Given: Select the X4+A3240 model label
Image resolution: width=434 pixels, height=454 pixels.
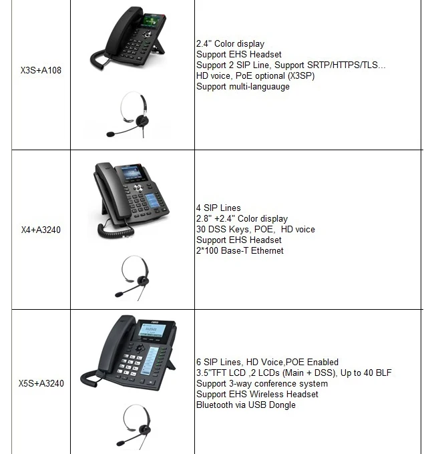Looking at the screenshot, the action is click(x=41, y=230).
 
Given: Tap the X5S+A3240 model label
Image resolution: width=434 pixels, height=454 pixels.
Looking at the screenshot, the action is click(x=41, y=383).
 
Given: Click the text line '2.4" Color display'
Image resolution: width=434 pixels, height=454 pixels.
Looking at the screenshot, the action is click(x=230, y=44).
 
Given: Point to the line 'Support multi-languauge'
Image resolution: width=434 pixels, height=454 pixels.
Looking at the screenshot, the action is click(x=243, y=87).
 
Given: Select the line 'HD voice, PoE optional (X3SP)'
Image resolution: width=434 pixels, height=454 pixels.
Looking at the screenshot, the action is click(x=256, y=76).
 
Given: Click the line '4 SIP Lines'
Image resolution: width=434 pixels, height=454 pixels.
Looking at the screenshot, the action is click(x=218, y=208).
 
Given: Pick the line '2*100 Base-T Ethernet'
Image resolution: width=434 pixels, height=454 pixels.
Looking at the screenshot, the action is click(x=240, y=251).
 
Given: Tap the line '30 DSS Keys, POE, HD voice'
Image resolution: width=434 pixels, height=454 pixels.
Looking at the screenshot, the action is click(x=256, y=230).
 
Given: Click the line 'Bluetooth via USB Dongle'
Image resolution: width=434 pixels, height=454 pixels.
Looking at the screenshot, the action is click(x=246, y=405).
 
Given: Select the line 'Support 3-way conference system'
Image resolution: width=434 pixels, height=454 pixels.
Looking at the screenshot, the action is click(x=262, y=383).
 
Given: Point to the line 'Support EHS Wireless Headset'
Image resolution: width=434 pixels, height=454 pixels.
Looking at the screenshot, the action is click(x=257, y=394).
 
